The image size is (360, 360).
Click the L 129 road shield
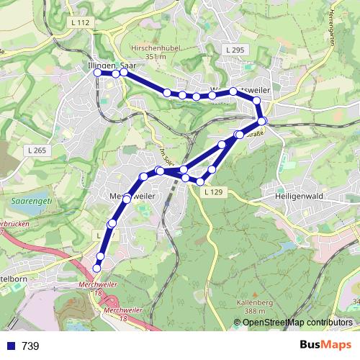[214, 192]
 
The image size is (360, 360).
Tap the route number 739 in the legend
[30, 346]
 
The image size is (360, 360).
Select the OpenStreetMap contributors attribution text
[297, 323]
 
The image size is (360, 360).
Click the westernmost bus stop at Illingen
[98, 73]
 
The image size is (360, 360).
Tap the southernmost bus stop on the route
[97, 269]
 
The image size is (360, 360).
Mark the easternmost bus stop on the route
[263, 121]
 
